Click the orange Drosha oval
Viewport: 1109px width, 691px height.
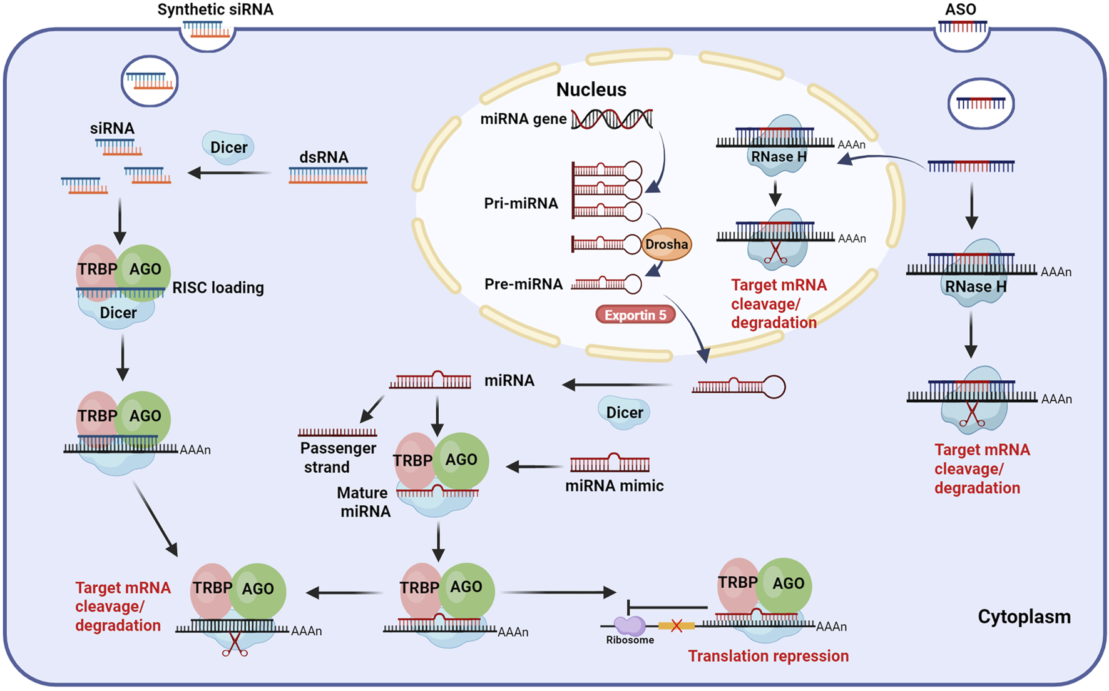pyautogui.click(x=667, y=245)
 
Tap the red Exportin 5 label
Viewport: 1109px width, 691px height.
pyautogui.click(x=635, y=315)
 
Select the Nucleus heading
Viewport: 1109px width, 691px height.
pyautogui.click(x=591, y=89)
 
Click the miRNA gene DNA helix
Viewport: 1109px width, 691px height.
pyautogui.click(x=611, y=119)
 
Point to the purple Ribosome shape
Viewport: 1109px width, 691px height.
pyautogui.click(x=629, y=625)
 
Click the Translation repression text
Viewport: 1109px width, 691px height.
pyautogui.click(x=768, y=656)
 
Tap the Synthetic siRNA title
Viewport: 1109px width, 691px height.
pyautogui.click(x=215, y=10)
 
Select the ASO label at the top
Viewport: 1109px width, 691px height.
pyautogui.click(x=960, y=10)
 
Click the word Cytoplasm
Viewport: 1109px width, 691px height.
pyautogui.click(x=1024, y=617)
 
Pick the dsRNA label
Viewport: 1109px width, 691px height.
pyautogui.click(x=324, y=157)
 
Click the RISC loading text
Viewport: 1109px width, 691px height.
pyautogui.click(x=218, y=288)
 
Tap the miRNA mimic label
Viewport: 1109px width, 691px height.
pyautogui.click(x=614, y=486)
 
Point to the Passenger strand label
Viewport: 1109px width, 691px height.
pyautogui.click(x=337, y=458)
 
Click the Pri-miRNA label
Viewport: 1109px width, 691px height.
pyautogui.click(x=521, y=203)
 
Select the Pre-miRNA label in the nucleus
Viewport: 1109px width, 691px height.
pyautogui.click(x=523, y=284)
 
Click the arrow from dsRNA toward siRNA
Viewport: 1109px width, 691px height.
pyautogui.click(x=229, y=173)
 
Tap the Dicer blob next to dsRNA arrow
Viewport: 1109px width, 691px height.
pyautogui.click(x=228, y=148)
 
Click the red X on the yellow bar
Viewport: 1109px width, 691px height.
pyautogui.click(x=677, y=625)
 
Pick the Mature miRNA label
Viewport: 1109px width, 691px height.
pyautogui.click(x=364, y=502)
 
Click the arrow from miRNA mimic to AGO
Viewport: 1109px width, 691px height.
pyautogui.click(x=534, y=467)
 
